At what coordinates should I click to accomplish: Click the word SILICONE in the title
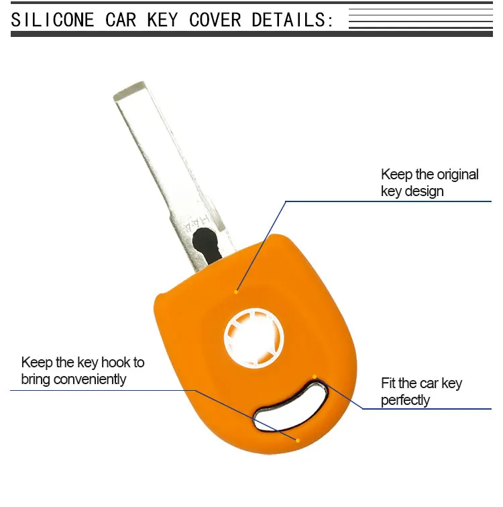point(52,19)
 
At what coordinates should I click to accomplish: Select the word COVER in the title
point(215,19)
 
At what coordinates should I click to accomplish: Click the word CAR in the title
point(120,19)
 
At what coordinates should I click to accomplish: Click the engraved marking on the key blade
point(198,225)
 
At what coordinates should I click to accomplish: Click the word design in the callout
point(424,191)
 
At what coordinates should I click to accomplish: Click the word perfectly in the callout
point(405,400)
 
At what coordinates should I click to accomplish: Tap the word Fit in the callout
point(388,383)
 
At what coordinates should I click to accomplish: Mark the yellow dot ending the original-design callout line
point(236,291)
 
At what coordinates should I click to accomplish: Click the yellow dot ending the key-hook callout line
point(298,441)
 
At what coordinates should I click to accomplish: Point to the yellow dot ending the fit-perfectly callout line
point(314,376)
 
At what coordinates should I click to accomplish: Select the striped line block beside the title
point(420,19)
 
